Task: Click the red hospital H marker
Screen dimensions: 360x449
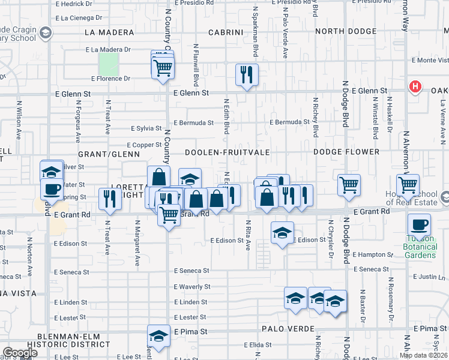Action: (414, 87)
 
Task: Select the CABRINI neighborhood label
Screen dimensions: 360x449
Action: (226, 32)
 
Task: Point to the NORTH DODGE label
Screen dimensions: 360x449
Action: (346, 32)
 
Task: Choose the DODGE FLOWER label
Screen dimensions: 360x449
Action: (347, 152)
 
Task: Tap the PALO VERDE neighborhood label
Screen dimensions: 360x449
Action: (285, 329)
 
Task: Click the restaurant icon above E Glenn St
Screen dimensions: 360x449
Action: (247, 74)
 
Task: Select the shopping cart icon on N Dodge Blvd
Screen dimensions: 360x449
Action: (349, 185)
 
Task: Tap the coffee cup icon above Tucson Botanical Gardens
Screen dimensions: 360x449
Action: (419, 225)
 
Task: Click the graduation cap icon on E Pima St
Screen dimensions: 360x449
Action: (158, 335)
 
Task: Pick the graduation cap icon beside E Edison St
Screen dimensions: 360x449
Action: (282, 233)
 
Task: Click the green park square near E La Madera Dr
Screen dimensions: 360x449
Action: (108, 63)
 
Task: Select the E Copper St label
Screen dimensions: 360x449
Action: (145, 145)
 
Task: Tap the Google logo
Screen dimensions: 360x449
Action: (20, 353)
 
